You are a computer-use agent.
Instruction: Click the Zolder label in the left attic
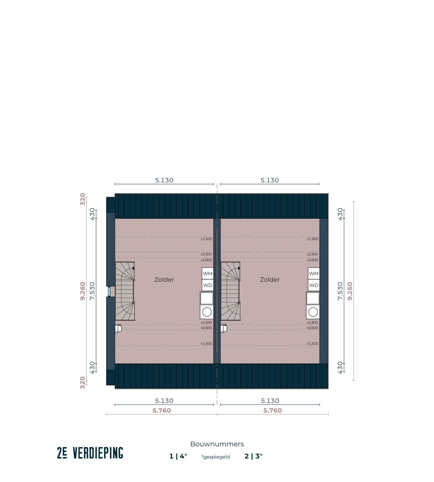[164, 280]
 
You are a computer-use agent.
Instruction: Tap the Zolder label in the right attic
[270, 280]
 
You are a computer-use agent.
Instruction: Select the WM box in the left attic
[208, 274]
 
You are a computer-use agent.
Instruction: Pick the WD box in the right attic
[314, 285]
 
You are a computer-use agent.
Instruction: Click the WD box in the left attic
[208, 285]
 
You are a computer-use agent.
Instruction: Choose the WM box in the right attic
[314, 274]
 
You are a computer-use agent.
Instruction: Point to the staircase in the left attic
[125, 291]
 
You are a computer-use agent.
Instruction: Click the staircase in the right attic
[231, 291]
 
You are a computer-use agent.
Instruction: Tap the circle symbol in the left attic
[207, 312]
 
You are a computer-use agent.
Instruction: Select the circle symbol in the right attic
[313, 312]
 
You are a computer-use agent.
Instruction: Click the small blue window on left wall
[109, 292]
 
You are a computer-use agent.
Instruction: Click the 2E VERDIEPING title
[90, 453]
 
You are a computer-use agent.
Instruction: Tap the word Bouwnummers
[217, 444]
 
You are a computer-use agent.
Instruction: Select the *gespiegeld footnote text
[215, 457]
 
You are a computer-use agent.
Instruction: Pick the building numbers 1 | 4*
[178, 456]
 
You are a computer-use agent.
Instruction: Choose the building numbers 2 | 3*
[253, 456]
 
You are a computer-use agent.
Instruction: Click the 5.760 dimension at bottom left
[162, 411]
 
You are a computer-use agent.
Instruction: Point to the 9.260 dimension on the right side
[350, 291]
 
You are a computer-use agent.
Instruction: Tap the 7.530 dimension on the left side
[93, 291]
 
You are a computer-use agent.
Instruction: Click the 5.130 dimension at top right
[270, 180]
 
